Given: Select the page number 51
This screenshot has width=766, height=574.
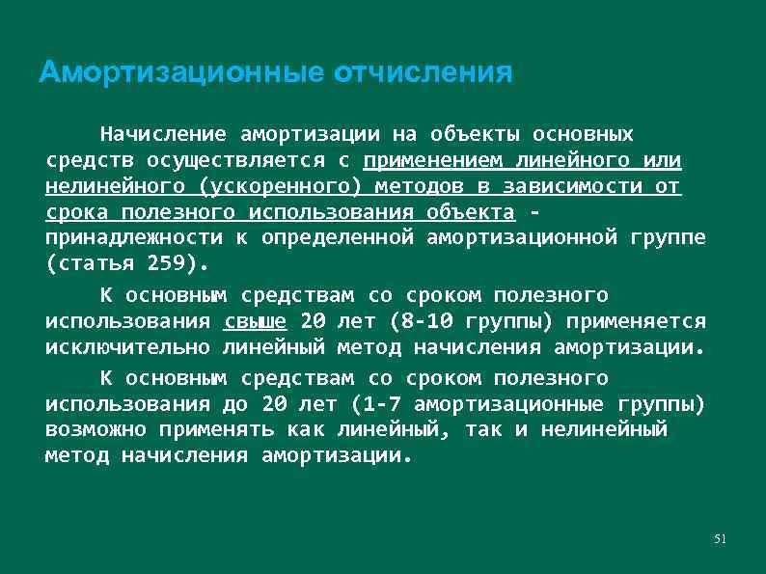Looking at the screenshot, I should tap(719, 537).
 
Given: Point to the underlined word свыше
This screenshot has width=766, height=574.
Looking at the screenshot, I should tap(255, 321).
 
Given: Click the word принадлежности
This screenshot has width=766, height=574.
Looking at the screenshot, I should tap(134, 236).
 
